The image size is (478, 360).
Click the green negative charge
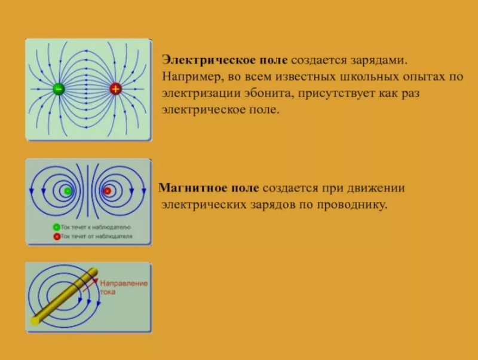pos(59,89)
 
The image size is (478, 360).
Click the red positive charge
pos(115,89)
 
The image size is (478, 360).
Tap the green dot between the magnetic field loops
pos(68,191)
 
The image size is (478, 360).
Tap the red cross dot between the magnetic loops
pos(107,191)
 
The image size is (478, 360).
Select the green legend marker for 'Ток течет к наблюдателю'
pos(56,227)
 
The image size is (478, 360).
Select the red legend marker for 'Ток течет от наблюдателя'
pos(57,236)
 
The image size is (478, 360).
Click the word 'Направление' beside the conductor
pos(124,283)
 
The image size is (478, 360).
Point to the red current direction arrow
pos(91,285)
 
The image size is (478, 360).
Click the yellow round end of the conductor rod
pos(35,321)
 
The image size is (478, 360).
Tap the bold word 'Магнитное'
pos(209,188)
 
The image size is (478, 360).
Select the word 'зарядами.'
pos(379,60)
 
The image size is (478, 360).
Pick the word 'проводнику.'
pos(352,205)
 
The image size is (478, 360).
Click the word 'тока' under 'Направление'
pos(108,292)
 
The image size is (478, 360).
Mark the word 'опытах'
pos(425,77)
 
